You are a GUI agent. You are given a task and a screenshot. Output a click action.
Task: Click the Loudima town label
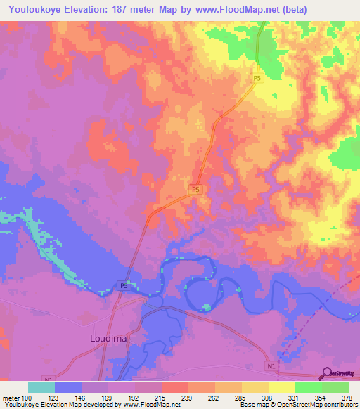110,338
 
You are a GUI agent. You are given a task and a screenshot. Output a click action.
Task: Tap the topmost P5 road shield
257,80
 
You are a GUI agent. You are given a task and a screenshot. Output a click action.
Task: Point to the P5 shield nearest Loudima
123,286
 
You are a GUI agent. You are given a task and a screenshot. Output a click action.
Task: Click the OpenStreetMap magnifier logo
327,373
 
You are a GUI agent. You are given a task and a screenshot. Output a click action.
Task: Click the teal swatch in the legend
41,387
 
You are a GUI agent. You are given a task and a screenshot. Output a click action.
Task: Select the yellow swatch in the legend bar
282,387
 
